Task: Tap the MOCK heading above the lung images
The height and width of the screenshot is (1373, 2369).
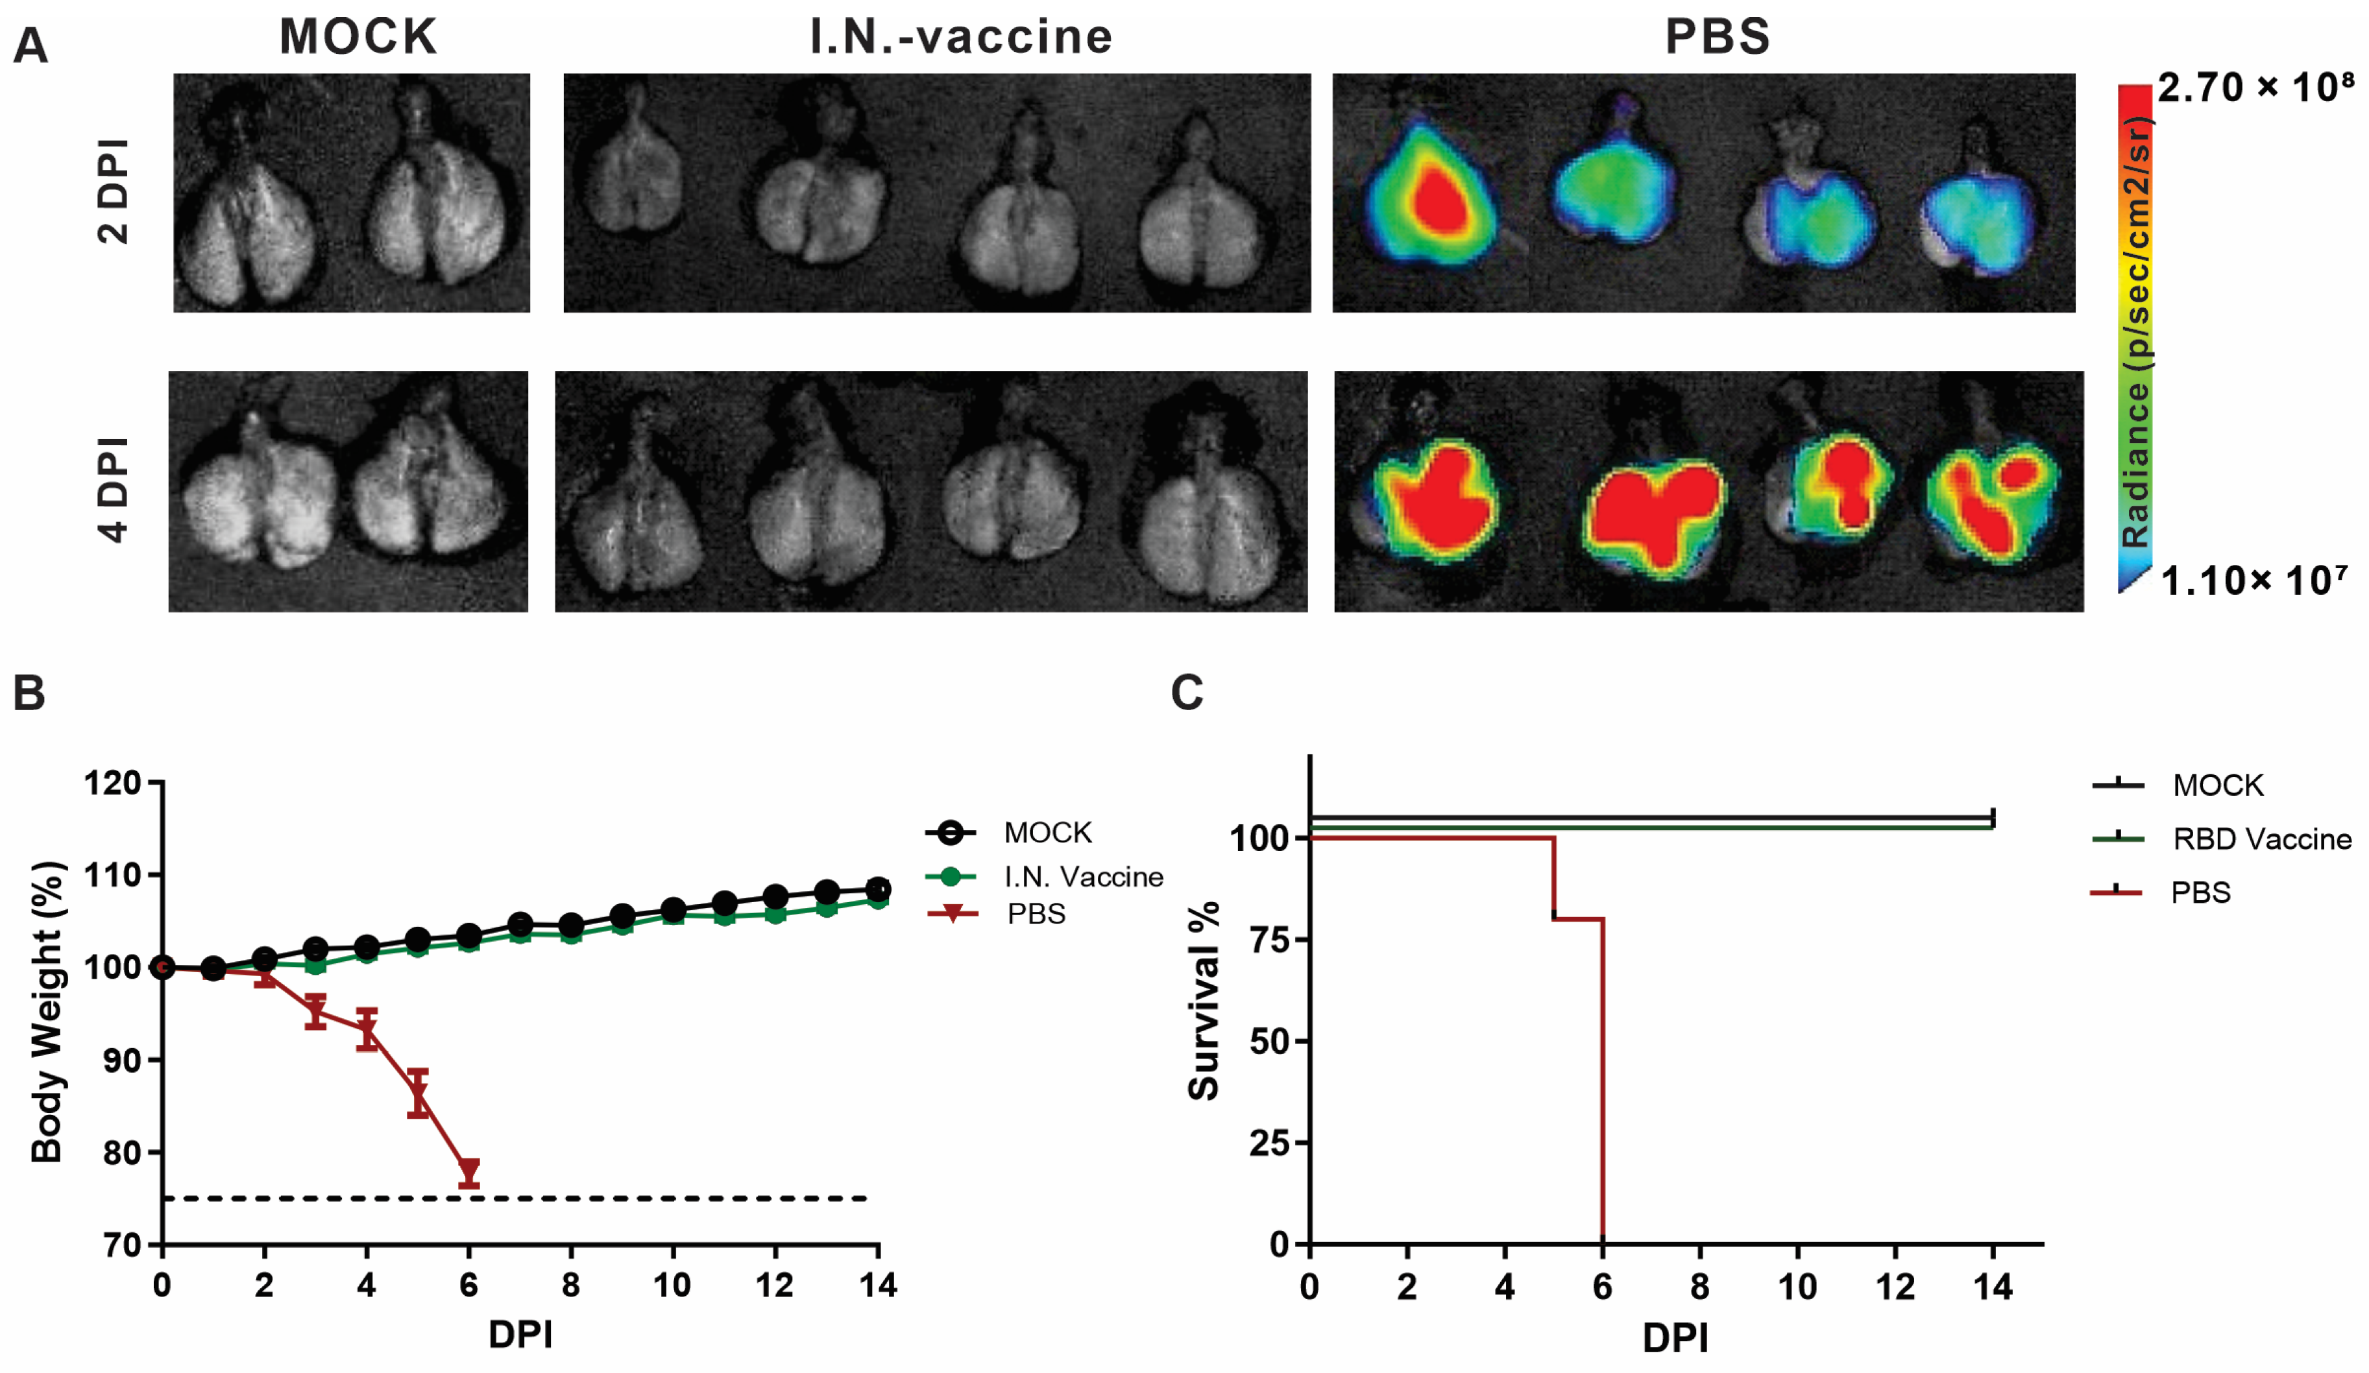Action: click(358, 37)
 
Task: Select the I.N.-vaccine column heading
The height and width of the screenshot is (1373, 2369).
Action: click(961, 37)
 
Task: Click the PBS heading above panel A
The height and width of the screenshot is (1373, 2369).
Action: click(1718, 37)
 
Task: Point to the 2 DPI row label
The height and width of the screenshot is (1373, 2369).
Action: click(114, 192)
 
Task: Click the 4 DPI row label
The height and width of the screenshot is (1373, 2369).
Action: click(114, 490)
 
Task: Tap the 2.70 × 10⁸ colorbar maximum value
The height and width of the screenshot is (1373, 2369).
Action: click(2254, 88)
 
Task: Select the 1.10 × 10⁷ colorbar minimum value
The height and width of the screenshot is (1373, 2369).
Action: click(2252, 580)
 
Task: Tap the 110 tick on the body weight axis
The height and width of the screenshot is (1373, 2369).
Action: click(113, 875)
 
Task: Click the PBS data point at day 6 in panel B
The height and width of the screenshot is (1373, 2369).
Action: click(469, 1171)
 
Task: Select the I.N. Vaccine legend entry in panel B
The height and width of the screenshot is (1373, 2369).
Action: click(1081, 877)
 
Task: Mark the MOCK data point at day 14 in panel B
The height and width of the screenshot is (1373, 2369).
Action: click(878, 888)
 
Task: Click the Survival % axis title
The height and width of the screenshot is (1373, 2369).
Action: click(1203, 1000)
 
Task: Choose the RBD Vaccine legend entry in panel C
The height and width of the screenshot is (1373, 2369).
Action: click(2260, 839)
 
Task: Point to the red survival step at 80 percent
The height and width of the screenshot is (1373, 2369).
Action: click(1579, 918)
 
